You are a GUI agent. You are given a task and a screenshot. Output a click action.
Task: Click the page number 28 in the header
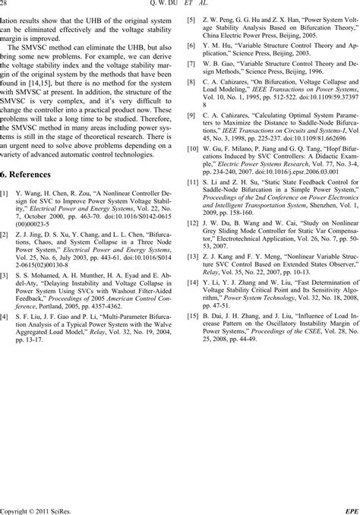click(x=6, y=5)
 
